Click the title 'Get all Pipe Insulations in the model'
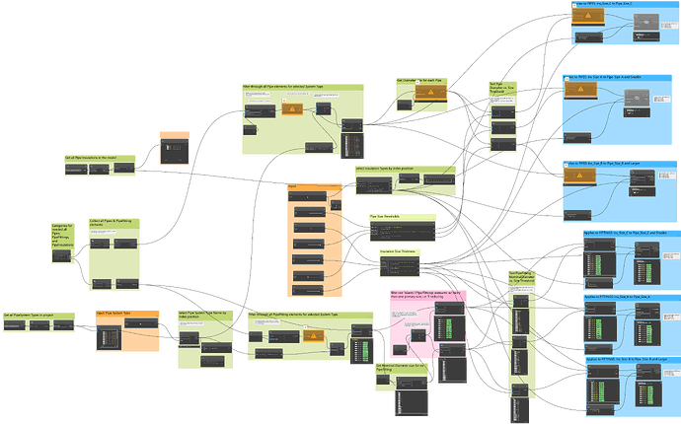[x=91, y=157]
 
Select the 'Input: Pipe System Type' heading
[x=114, y=315]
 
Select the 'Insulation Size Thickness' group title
[x=398, y=250]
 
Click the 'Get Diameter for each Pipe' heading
[x=416, y=80]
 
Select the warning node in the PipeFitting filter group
[x=313, y=335]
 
